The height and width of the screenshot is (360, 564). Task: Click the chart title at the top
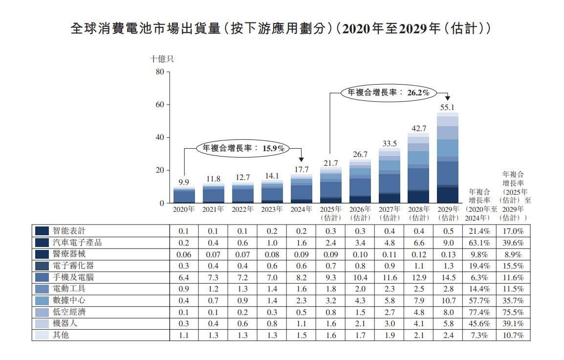(x=281, y=29)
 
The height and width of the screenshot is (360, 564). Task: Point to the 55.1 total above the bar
(x=448, y=107)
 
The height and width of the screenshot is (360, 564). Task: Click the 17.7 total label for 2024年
(x=302, y=170)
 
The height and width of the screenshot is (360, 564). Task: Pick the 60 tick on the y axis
(x=159, y=105)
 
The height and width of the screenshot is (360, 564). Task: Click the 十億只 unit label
(x=161, y=59)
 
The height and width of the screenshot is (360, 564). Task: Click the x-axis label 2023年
(x=272, y=209)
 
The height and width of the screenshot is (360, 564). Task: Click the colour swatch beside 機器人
(x=42, y=324)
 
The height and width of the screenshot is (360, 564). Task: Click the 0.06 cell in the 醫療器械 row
(x=184, y=254)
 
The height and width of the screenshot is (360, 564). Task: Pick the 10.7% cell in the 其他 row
(x=513, y=335)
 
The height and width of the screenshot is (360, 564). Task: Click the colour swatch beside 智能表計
(x=42, y=231)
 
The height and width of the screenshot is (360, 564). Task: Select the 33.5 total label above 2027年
(x=389, y=143)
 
